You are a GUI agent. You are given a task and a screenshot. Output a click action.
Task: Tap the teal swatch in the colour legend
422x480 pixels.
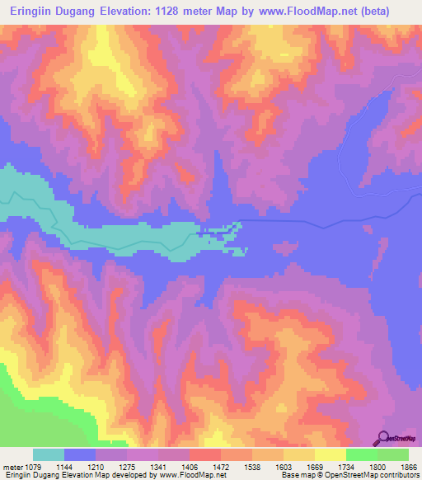(x=49, y=455)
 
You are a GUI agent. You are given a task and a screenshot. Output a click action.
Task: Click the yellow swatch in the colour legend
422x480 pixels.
(x=330, y=455)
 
